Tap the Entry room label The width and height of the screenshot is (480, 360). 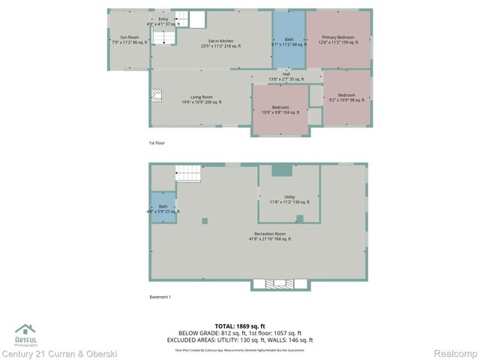pyautogui.click(x=163, y=21)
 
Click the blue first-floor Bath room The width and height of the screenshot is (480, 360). pyautogui.click(x=289, y=42)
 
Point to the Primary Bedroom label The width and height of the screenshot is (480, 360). pyautogui.click(x=338, y=39)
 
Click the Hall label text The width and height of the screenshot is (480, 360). pyautogui.click(x=286, y=76)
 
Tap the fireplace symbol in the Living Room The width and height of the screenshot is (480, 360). pyautogui.click(x=157, y=95)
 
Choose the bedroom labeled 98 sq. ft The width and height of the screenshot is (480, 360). pyautogui.click(x=346, y=97)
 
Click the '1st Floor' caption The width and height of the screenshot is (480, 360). pyautogui.click(x=157, y=142)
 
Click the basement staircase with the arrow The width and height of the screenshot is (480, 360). pyautogui.click(x=190, y=174)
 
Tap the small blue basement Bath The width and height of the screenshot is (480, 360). pyautogui.click(x=163, y=208)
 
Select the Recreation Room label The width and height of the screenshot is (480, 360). pyautogui.click(x=269, y=236)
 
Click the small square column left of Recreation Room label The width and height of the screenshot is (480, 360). pyautogui.click(x=205, y=220)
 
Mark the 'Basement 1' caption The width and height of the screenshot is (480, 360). pyautogui.click(x=160, y=297)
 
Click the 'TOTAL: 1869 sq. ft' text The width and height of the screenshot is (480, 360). pyautogui.click(x=240, y=326)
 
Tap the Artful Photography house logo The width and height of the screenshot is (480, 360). pyautogui.click(x=25, y=331)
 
